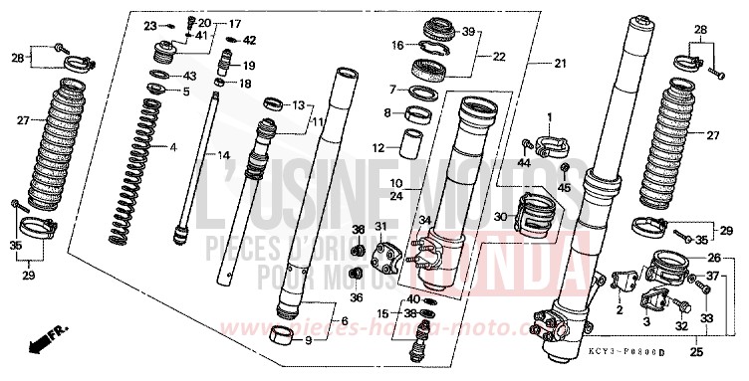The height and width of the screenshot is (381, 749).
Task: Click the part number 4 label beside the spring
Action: click(172, 147)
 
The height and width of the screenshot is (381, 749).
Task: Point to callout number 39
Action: click(469, 31)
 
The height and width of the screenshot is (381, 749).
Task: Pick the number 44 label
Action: click(525, 163)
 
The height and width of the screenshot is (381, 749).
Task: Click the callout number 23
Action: click(150, 24)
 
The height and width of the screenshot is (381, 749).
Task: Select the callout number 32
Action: click(680, 326)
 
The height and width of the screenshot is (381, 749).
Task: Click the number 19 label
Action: click(248, 66)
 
